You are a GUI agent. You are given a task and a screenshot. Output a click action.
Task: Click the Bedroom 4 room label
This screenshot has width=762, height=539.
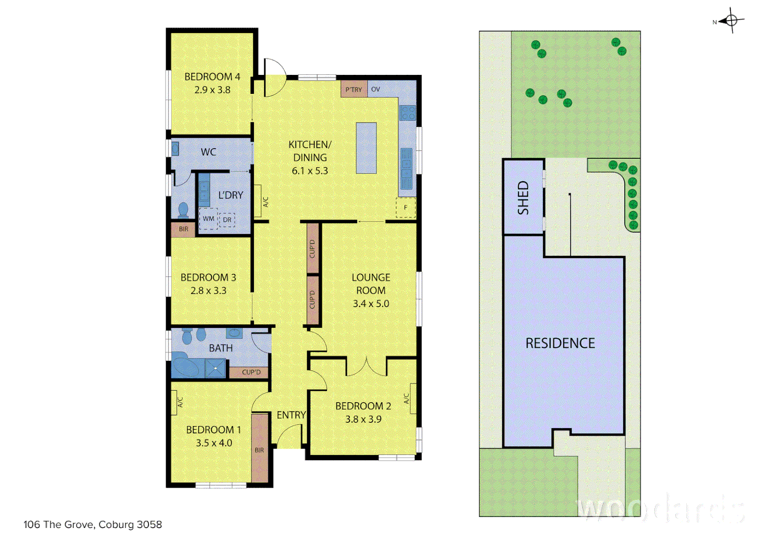212,77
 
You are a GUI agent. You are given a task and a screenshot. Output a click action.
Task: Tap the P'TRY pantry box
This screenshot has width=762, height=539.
354,89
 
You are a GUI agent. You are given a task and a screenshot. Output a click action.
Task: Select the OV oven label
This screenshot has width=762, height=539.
376,89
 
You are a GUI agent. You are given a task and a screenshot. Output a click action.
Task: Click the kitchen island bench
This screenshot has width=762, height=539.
366,148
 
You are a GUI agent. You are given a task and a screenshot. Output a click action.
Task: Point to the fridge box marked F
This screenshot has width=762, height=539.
405,207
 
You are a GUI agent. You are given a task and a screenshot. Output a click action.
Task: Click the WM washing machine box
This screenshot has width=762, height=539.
208,219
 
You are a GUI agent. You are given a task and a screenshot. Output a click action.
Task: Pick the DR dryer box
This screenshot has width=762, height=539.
227,219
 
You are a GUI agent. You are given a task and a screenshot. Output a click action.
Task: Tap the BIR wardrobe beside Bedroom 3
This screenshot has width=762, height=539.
184,229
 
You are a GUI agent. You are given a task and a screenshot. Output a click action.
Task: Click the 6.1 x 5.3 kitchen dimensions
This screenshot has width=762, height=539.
310,171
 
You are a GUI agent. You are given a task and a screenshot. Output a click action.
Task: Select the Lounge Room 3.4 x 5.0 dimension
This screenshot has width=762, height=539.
371,303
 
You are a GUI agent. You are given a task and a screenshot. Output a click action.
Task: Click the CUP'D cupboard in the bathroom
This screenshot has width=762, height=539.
251,372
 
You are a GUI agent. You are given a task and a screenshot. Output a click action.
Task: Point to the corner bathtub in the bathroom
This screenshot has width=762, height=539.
186,366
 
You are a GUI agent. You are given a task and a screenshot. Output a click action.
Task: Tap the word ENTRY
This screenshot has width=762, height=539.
291,415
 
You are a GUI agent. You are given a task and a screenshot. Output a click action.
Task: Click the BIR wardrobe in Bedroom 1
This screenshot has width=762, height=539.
259,449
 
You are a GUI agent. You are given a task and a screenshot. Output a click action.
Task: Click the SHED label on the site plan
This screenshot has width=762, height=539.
523,198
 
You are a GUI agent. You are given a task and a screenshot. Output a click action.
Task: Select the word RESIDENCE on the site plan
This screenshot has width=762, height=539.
560,343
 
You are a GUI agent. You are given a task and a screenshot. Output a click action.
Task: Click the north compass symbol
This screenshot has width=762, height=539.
731,20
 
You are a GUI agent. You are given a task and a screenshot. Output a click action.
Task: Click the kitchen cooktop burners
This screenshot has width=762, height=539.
408,113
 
